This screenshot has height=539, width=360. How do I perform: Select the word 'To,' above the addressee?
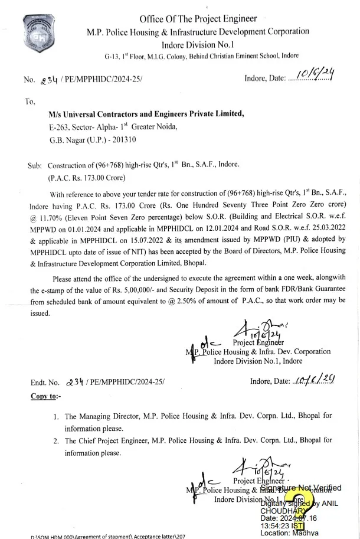tap(30, 102)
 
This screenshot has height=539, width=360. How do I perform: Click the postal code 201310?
tap(124, 141)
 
